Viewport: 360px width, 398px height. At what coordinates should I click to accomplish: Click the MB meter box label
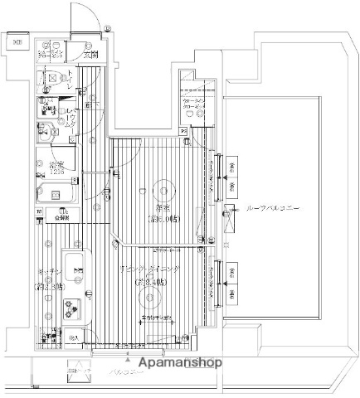(x=17, y=43)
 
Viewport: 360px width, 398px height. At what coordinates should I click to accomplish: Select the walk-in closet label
(x=196, y=104)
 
